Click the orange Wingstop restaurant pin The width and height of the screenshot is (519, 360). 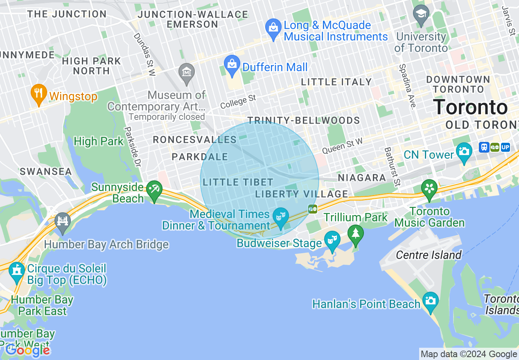(x=38, y=94)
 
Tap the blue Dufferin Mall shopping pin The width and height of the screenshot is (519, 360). (x=232, y=65)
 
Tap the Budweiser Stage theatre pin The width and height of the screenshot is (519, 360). (x=332, y=241)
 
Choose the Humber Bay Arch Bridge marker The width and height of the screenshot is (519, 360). (x=62, y=222)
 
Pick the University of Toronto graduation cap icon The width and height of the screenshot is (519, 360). (x=420, y=15)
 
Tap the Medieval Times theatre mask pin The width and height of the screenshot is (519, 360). (x=281, y=216)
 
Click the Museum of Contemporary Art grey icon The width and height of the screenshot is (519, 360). (x=187, y=73)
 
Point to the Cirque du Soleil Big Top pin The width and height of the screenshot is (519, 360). (x=17, y=272)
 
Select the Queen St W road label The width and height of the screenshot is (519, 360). (x=342, y=146)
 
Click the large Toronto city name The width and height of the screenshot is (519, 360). (x=470, y=107)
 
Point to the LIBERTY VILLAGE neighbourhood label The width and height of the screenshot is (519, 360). (x=302, y=194)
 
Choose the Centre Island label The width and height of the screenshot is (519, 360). (x=429, y=255)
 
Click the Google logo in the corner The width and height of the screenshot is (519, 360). (x=27, y=350)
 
